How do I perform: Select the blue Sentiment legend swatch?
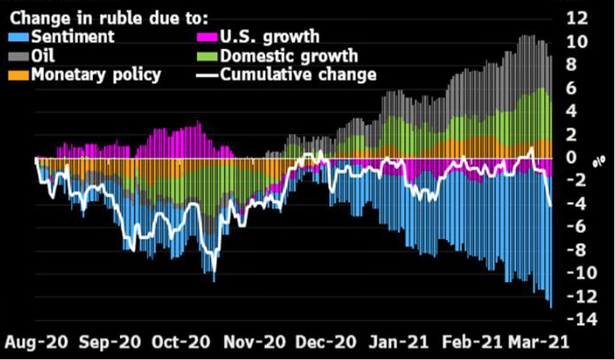coord(19,38)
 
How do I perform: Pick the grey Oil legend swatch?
coord(19,55)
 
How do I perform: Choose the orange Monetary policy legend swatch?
coord(19,74)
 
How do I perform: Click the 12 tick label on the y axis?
coord(576,18)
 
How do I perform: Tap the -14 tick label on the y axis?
coord(573,320)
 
